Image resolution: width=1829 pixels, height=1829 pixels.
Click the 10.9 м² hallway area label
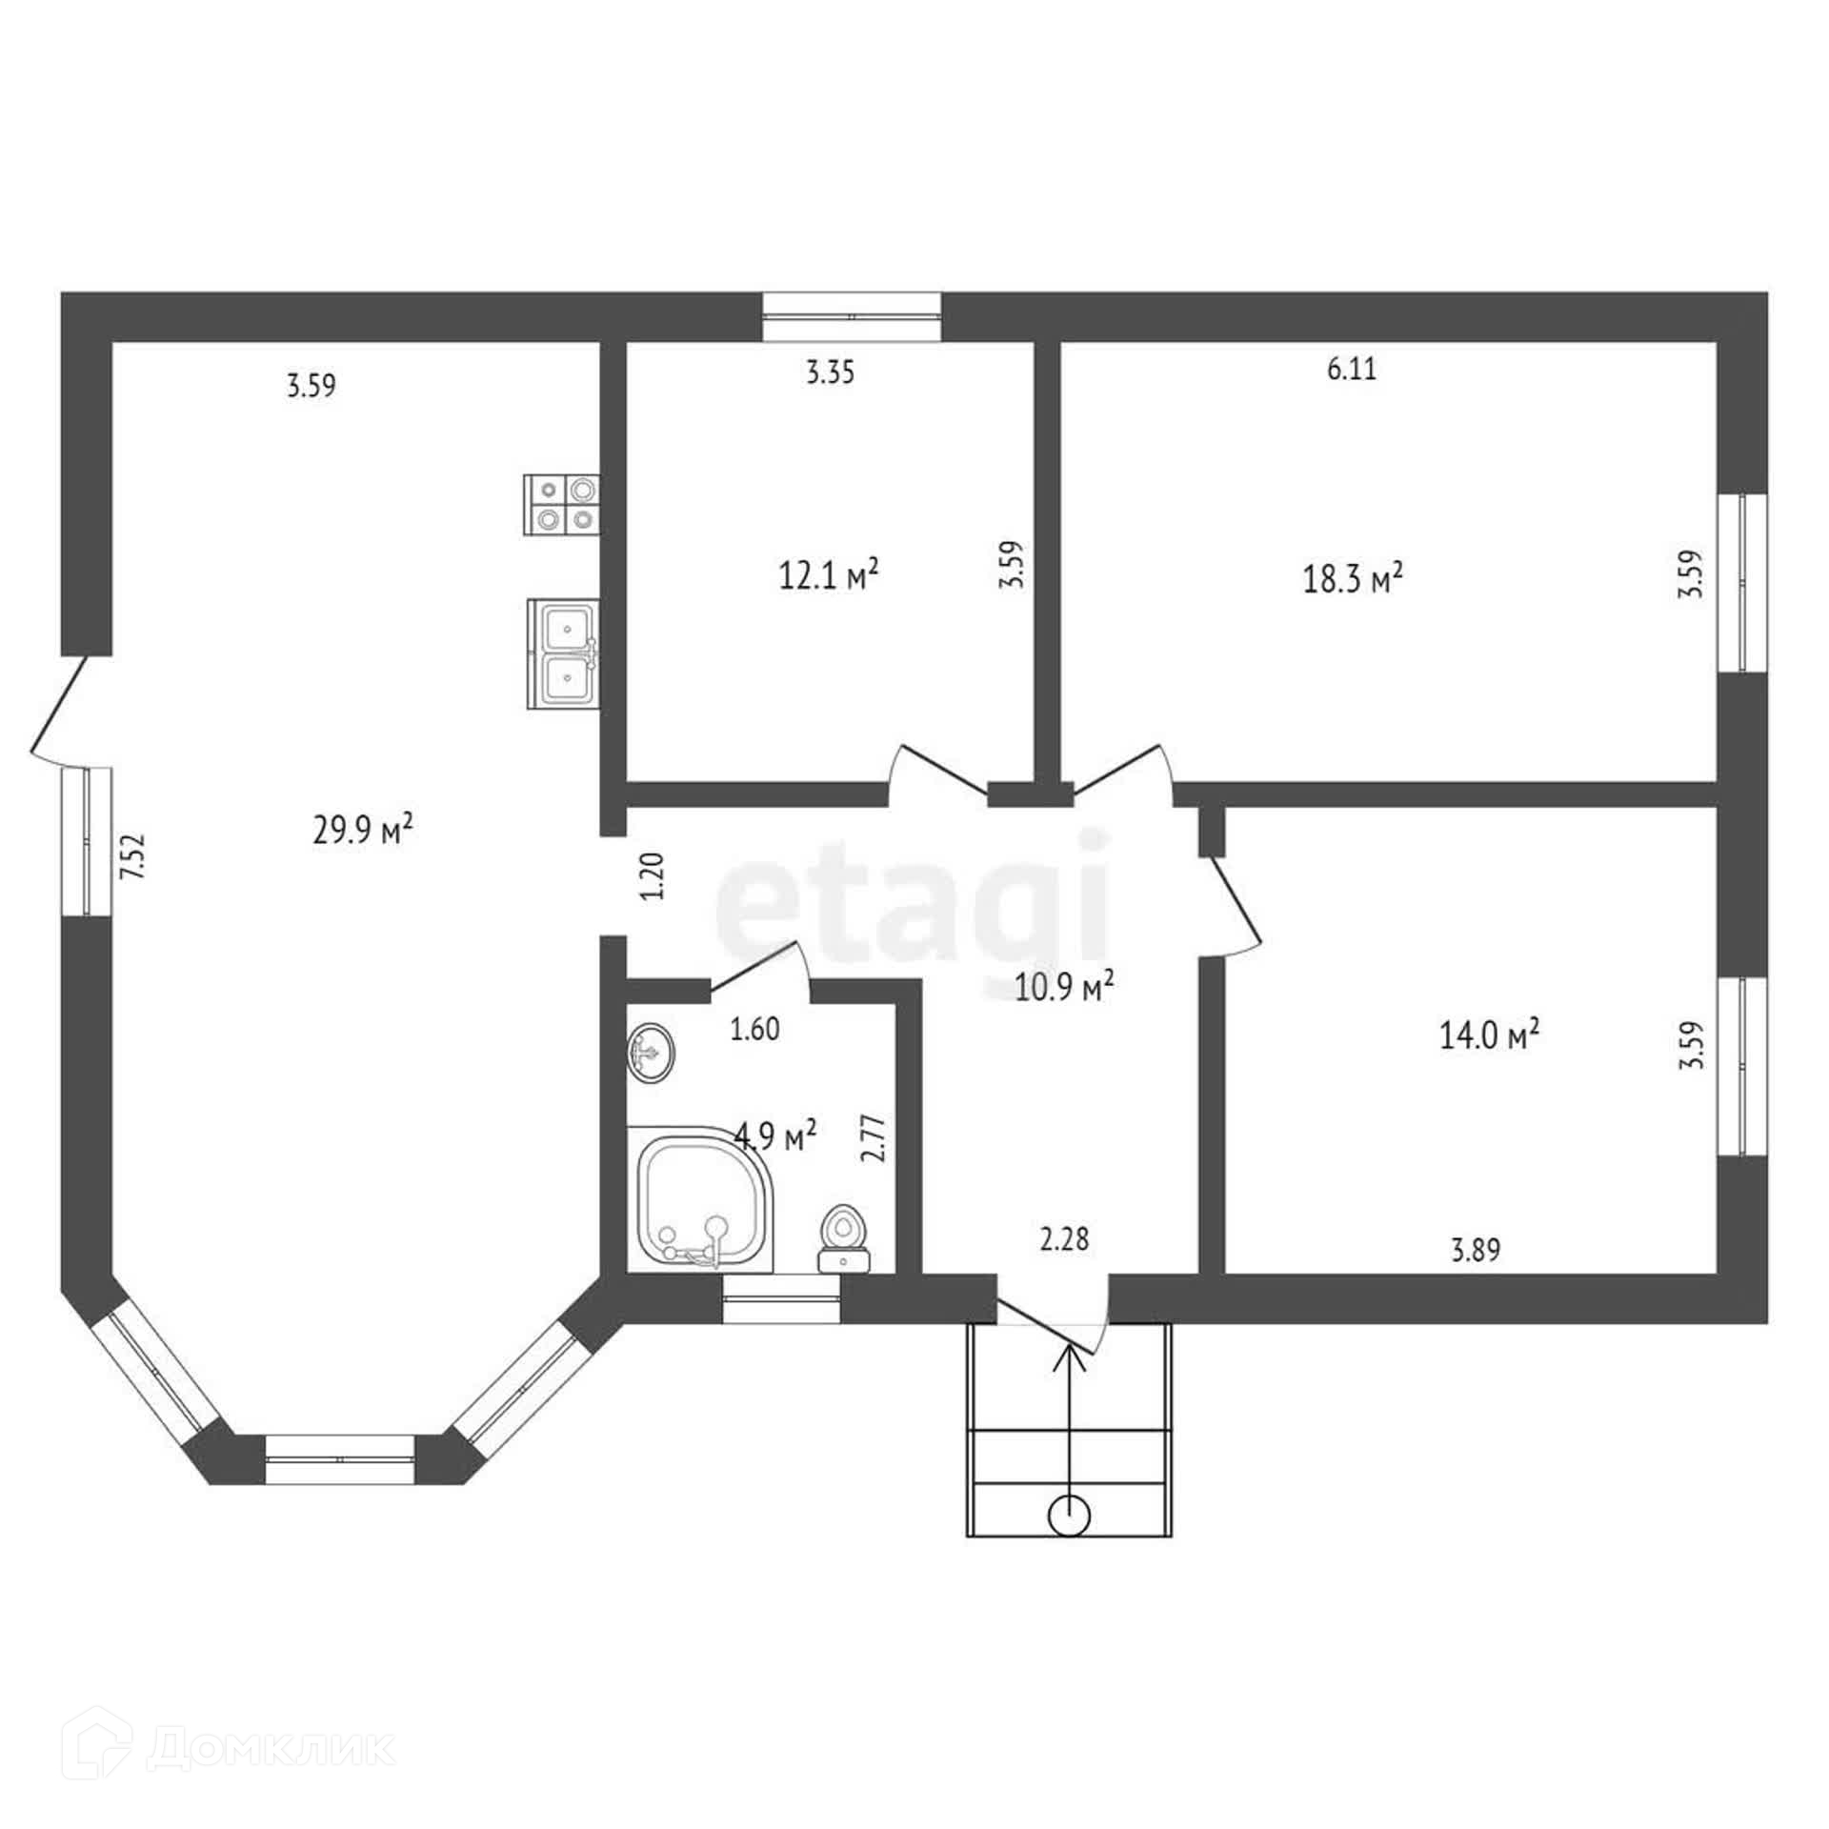pyautogui.click(x=1065, y=988)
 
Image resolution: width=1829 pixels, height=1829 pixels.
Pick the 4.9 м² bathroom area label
pyautogui.click(x=775, y=1135)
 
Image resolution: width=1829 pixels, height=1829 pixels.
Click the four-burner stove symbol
pyautogui.click(x=562, y=505)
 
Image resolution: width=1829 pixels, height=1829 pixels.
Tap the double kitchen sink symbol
pyautogui.click(x=562, y=653)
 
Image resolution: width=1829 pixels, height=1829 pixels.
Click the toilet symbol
pyautogui.click(x=843, y=1238)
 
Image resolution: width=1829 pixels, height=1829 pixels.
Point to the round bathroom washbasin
pyautogui.click(x=653, y=1052)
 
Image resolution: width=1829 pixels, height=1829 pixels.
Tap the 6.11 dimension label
pyautogui.click(x=1352, y=369)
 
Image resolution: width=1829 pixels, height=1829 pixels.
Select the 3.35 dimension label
pyautogui.click(x=830, y=372)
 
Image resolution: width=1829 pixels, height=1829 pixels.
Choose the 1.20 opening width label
pyautogui.click(x=653, y=875)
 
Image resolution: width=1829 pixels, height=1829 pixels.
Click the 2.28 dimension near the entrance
pyautogui.click(x=1064, y=1239)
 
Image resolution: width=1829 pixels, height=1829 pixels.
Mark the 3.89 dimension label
pyautogui.click(x=1476, y=1249)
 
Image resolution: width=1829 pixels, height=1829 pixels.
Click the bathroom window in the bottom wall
pyautogui.click(x=781, y=1299)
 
